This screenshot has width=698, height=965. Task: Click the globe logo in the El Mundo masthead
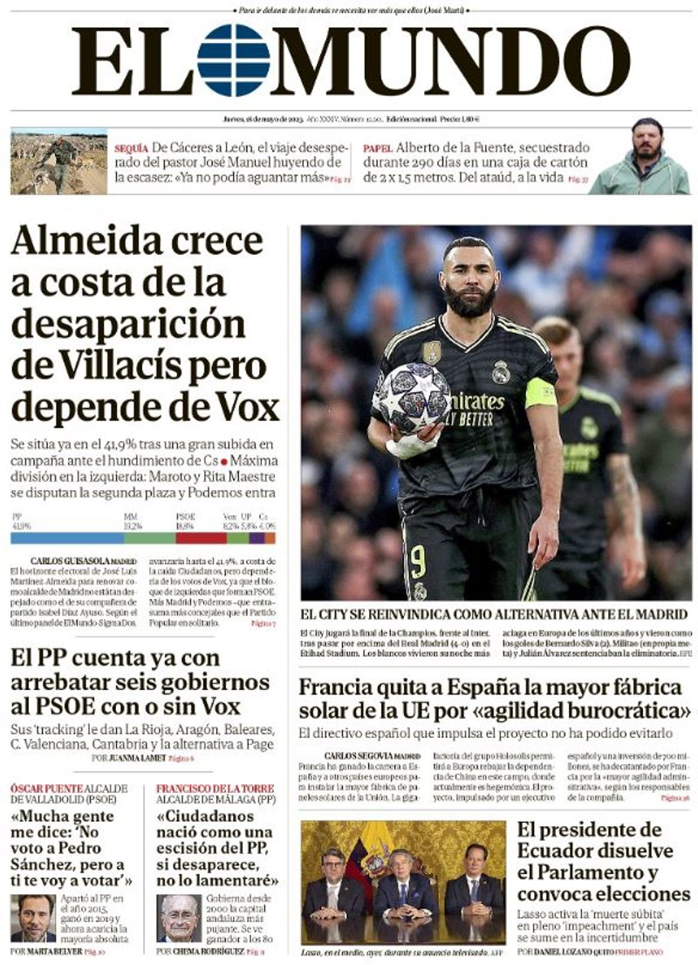pyautogui.click(x=233, y=59)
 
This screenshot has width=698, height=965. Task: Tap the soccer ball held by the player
pyautogui.click(x=411, y=397)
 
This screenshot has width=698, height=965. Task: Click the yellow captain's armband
pyautogui.click(x=540, y=392)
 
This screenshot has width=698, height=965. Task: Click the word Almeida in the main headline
pyautogui.click(x=86, y=242)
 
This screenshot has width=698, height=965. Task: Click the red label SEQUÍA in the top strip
pyautogui.click(x=130, y=148)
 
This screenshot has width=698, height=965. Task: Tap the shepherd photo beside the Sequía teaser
pyautogui.click(x=58, y=163)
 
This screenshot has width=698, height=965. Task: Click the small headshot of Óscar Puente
pyautogui.click(x=33, y=917)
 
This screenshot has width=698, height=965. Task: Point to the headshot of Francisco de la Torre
pyautogui.click(x=179, y=917)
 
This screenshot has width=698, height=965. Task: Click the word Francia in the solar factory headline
pyautogui.click(x=336, y=686)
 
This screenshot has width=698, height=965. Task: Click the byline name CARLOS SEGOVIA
pyautogui.click(x=358, y=755)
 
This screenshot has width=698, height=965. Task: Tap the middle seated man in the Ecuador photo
pyautogui.click(x=401, y=882)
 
